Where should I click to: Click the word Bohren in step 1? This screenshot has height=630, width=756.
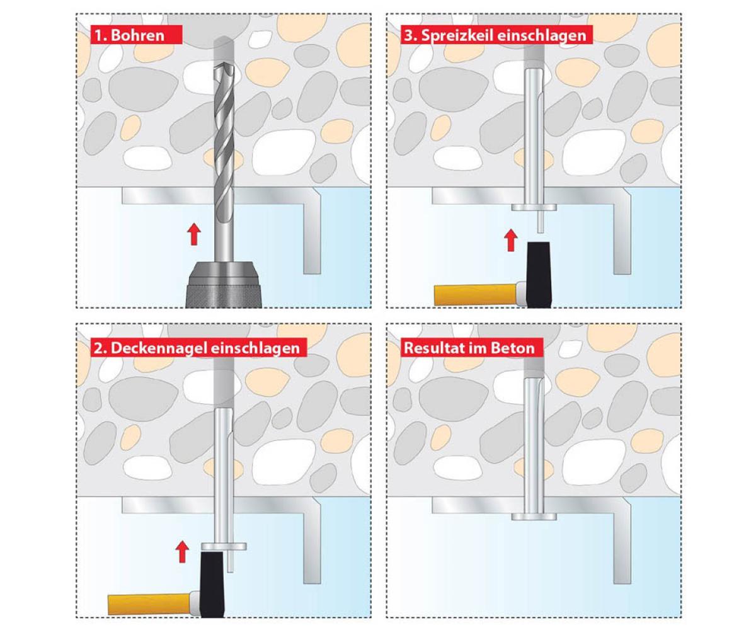pyautogui.click(x=137, y=35)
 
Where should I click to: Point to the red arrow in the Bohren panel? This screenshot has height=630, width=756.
pyautogui.click(x=194, y=234)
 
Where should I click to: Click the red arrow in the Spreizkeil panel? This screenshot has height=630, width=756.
pyautogui.click(x=510, y=240)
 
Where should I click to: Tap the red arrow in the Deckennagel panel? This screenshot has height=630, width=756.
pyautogui.click(x=182, y=552)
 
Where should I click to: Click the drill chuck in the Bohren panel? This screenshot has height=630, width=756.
pyautogui.click(x=224, y=285)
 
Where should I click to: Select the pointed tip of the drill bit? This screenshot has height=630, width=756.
pyautogui.click(x=224, y=65)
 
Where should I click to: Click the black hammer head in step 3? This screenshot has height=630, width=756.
pyautogui.click(x=539, y=275)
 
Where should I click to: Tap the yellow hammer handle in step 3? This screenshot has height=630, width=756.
pyautogui.click(x=476, y=294)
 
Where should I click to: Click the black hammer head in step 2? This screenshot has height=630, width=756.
pyautogui.click(x=212, y=584)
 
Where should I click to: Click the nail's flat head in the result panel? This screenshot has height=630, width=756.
pyautogui.click(x=534, y=517)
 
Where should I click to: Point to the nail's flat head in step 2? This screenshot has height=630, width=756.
pyautogui.click(x=224, y=546)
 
